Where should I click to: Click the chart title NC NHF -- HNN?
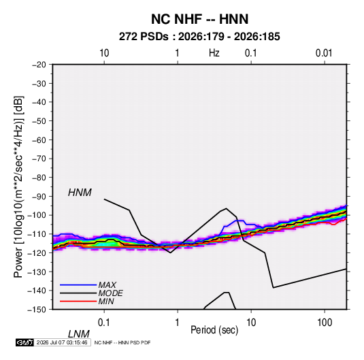(x=199, y=19)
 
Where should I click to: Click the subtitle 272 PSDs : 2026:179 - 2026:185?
(x=199, y=37)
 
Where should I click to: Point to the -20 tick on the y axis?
(x=39, y=65)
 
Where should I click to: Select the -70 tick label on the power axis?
(x=39, y=159)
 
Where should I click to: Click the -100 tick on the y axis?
(x=37, y=215)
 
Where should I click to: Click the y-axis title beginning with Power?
(x=18, y=186)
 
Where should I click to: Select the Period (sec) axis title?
(x=214, y=330)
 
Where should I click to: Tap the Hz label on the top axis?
(x=214, y=53)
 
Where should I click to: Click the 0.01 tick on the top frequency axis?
(x=324, y=53)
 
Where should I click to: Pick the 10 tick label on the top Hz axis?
(x=104, y=53)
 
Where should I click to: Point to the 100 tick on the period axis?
(x=325, y=323)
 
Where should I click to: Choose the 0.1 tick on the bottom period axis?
(x=104, y=323)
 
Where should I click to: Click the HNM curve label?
(x=80, y=193)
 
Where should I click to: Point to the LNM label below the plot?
(x=79, y=334)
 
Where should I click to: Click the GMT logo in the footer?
(x=25, y=342)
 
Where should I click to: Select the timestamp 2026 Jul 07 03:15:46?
(x=62, y=342)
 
